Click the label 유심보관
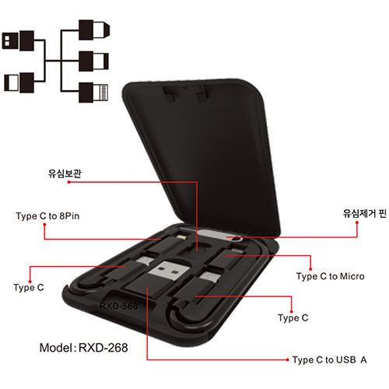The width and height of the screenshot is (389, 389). (x=65, y=173)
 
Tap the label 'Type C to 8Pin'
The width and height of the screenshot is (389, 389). (x=47, y=216)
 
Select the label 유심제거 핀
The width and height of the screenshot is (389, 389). (x=364, y=213)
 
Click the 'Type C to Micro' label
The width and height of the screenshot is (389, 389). (x=331, y=276)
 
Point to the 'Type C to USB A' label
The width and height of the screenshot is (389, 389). (x=330, y=360)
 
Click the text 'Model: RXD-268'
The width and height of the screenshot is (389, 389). (x=83, y=348)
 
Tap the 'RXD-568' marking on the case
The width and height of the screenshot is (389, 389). (x=118, y=306)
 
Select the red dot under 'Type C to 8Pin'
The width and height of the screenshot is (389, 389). (x=44, y=225)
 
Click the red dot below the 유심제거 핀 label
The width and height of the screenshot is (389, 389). (x=357, y=223)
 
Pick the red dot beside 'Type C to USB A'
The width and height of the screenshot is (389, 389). (x=287, y=359)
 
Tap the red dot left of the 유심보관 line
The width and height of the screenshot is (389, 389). (x=69, y=182)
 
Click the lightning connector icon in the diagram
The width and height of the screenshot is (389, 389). (x=93, y=93)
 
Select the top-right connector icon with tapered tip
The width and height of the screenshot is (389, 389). (x=94, y=30)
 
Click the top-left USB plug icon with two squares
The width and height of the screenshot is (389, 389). (x=18, y=40)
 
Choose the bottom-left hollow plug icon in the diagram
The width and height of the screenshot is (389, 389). (x=19, y=82)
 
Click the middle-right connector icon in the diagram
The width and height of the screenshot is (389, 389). (x=93, y=61)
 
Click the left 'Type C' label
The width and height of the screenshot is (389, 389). (x=29, y=288)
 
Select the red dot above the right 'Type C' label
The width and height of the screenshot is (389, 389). (x=292, y=311)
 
